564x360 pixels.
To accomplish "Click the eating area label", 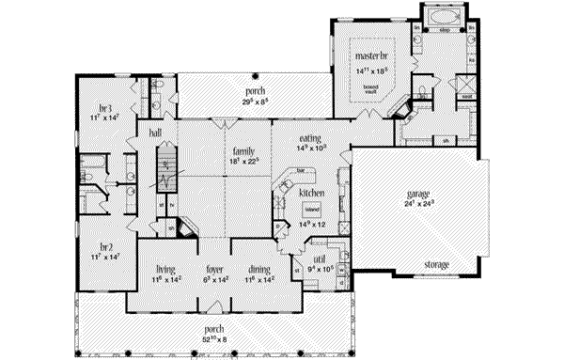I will (x=287, y=136).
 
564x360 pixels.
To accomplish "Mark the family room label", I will (x=243, y=149).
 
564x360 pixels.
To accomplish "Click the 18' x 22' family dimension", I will (x=243, y=161).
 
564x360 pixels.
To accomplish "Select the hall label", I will (x=154, y=134).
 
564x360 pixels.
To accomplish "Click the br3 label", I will (x=105, y=107).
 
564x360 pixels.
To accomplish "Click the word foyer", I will (x=214, y=268).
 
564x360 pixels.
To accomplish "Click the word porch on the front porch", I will (x=216, y=329).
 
